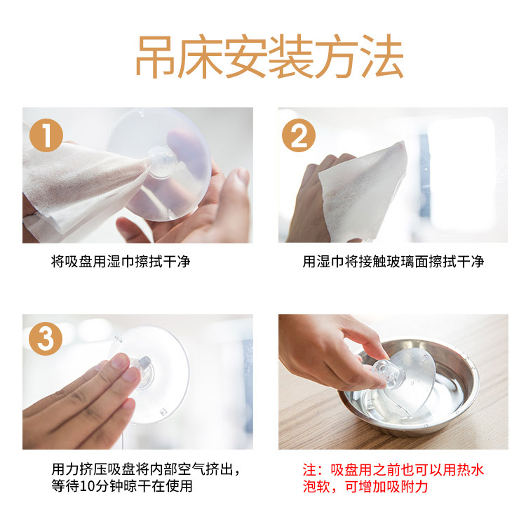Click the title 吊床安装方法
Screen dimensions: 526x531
(x=269, y=56)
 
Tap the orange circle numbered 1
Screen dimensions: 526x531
(x=46, y=135)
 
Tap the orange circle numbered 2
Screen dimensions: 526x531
(x=299, y=135)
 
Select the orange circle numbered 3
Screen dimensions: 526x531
(x=46, y=339)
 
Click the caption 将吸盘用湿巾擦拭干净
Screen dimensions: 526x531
(x=121, y=262)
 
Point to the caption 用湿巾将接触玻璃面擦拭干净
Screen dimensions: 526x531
(x=393, y=262)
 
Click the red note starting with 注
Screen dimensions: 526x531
(x=393, y=478)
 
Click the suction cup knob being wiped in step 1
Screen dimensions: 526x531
(x=161, y=162)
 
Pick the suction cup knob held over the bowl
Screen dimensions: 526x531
(x=384, y=373)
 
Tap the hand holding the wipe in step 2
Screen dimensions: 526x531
(x=313, y=200)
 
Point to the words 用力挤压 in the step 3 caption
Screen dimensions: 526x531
(x=79, y=470)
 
